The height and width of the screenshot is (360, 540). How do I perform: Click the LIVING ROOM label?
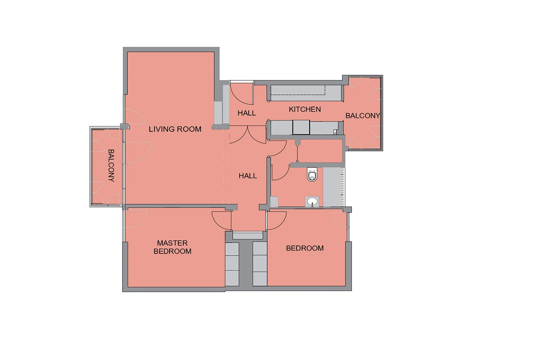175,129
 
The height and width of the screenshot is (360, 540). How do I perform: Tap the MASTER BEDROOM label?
172,247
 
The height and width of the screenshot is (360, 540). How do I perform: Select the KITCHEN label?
305,109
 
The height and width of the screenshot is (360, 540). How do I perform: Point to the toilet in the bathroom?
312,174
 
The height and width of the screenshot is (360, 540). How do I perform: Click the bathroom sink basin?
312,201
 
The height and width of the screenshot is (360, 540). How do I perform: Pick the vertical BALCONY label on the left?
111,165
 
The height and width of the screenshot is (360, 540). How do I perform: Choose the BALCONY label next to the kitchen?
363,116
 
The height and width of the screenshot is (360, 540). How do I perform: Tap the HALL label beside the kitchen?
247,113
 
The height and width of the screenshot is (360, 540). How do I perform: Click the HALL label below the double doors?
248,176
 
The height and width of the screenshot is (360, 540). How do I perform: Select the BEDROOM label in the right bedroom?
305,248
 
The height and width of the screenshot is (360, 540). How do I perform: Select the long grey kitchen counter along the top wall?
306,93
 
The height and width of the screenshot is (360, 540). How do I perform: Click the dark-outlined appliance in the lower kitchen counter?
301,127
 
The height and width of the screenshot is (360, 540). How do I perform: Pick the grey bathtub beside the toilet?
332,187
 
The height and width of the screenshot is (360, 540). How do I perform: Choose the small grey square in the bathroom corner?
274,202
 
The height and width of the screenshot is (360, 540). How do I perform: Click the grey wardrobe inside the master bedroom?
232,264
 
